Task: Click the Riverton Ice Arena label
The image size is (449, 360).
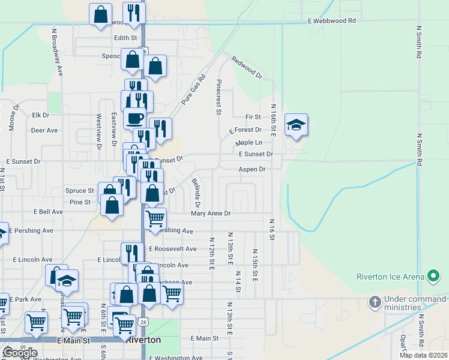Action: (390, 277)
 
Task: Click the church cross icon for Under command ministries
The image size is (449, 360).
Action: (375, 301)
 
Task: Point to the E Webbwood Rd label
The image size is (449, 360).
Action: (331, 20)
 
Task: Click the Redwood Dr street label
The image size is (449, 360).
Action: (247, 68)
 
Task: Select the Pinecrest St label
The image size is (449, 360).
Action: (219, 96)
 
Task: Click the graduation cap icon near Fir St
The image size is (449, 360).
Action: (296, 125)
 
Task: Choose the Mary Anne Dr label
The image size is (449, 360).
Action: (211, 213)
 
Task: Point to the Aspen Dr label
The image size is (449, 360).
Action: (252, 169)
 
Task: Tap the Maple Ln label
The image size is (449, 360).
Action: (249, 143)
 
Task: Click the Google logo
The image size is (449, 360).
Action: (20, 352)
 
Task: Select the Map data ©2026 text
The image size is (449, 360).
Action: (423, 355)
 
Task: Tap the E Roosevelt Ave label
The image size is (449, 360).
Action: (172, 248)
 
